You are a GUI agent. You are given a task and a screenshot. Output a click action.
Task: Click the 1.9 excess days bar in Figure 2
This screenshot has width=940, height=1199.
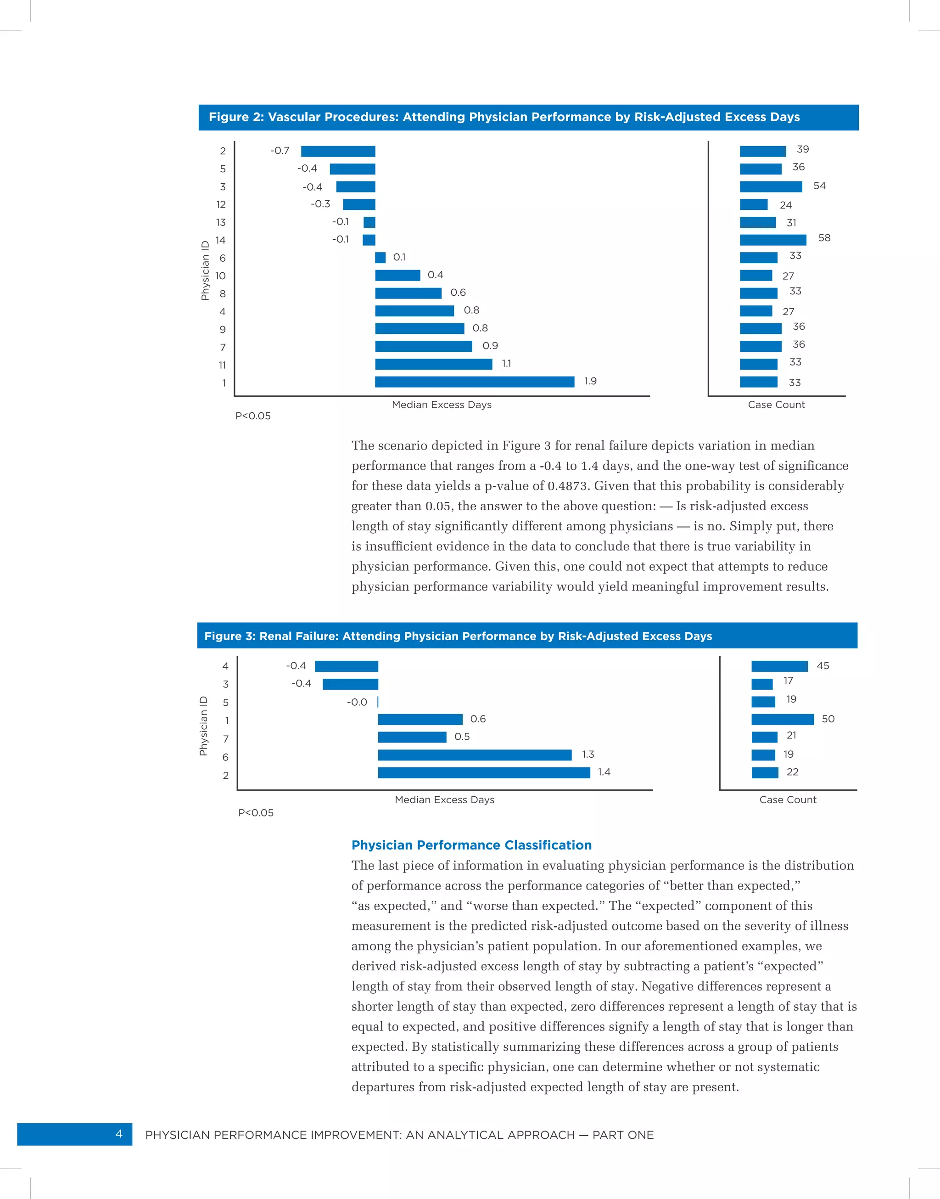(475, 382)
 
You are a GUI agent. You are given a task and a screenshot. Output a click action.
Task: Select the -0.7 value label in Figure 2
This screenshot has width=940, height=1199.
(280, 150)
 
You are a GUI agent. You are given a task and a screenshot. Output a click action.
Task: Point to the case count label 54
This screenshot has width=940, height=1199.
(819, 186)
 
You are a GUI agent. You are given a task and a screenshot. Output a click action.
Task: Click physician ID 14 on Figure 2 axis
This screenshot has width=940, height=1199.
(220, 240)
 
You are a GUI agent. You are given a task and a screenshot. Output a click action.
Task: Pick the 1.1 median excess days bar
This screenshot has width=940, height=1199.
(433, 364)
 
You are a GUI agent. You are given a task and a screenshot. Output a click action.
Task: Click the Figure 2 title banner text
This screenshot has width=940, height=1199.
(504, 117)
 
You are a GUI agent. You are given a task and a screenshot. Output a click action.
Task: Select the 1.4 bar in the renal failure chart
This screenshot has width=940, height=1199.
(484, 772)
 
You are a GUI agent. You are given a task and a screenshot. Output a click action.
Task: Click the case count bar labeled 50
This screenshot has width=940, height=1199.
(782, 719)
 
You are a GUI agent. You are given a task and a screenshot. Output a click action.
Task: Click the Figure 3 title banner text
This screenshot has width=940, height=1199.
(458, 636)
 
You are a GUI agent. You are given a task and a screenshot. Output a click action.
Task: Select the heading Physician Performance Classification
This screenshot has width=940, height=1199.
(471, 845)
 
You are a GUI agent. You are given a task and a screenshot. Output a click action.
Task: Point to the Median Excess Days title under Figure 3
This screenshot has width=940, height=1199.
(444, 799)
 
